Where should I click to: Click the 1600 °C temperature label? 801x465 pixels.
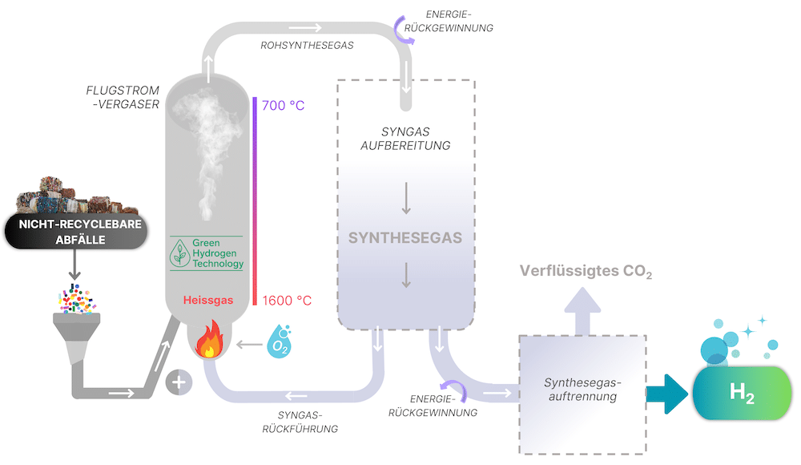pos(287,301)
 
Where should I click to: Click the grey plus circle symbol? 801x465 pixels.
pos(179,382)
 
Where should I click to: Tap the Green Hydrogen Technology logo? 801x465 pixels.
pos(207,253)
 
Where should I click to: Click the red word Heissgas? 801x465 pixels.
pos(207,301)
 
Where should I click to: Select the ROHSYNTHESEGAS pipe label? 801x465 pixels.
pos(307,46)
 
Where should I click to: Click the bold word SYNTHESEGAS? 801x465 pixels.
pos(405,238)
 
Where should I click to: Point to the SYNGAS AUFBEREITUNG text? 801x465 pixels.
pos(406,138)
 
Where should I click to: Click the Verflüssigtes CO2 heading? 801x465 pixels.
pos(586,271)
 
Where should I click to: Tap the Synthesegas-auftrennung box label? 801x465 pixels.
pos(582,389)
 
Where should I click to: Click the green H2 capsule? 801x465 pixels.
pos(742,393)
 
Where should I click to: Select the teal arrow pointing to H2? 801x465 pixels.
pos(669,393)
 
